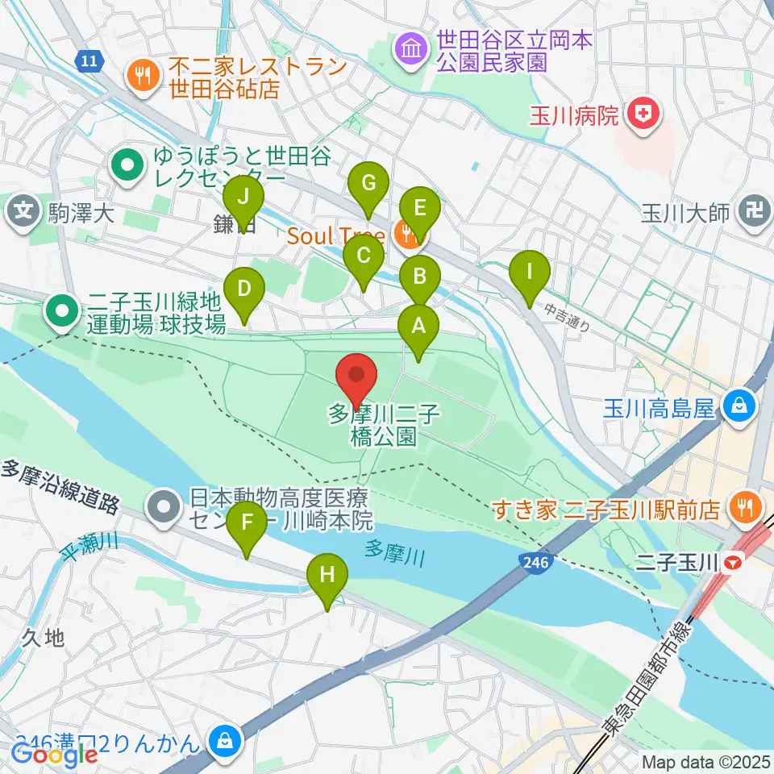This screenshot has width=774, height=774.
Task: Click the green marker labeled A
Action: point(418,327)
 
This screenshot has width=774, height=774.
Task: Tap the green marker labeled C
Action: point(363,259)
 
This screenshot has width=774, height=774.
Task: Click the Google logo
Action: point(55,755)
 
